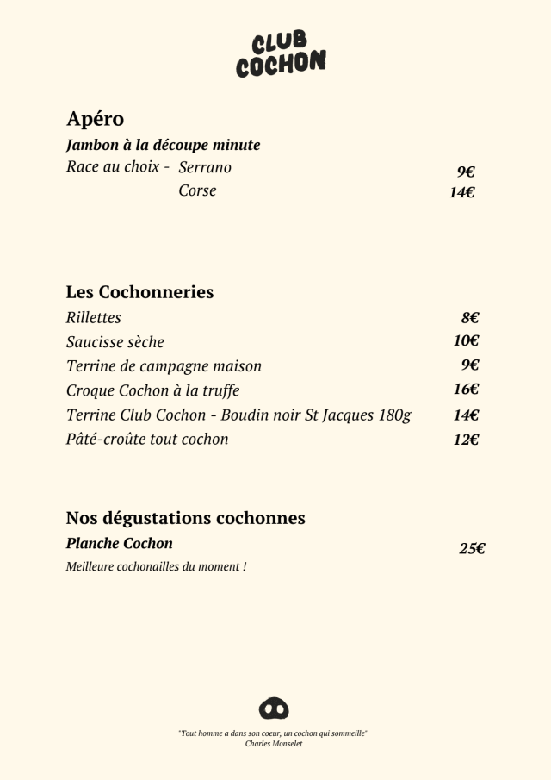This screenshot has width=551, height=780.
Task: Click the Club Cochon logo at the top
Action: [x=281, y=54]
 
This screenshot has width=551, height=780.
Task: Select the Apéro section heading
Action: [x=95, y=119]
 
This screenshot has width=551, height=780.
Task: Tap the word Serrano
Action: [x=205, y=167]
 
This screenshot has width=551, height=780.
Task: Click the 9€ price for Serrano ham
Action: [x=466, y=172]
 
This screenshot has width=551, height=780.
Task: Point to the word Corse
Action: [x=197, y=190]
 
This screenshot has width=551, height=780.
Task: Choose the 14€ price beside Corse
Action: [x=462, y=193]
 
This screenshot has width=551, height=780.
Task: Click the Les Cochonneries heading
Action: [x=139, y=292]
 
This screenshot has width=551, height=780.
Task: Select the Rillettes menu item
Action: [x=94, y=318]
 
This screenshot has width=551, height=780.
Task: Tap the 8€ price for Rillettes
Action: [x=469, y=318]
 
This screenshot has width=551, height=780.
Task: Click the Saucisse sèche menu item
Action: [x=115, y=342]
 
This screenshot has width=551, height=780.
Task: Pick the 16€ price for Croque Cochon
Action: [x=467, y=390]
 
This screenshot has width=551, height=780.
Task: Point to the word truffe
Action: [x=218, y=390]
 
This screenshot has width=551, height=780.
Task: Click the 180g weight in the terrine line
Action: [x=393, y=415]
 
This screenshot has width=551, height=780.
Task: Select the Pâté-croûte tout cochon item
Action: [x=147, y=440]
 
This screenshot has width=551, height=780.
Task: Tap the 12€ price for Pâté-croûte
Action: [x=467, y=440]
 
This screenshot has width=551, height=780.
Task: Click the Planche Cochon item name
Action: [x=119, y=544]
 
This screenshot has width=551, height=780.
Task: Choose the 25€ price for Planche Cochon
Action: [x=472, y=548]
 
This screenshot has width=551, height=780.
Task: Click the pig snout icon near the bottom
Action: [x=274, y=708]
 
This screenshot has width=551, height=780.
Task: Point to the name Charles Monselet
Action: [x=274, y=743]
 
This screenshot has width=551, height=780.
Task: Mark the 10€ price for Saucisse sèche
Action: [x=467, y=341]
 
